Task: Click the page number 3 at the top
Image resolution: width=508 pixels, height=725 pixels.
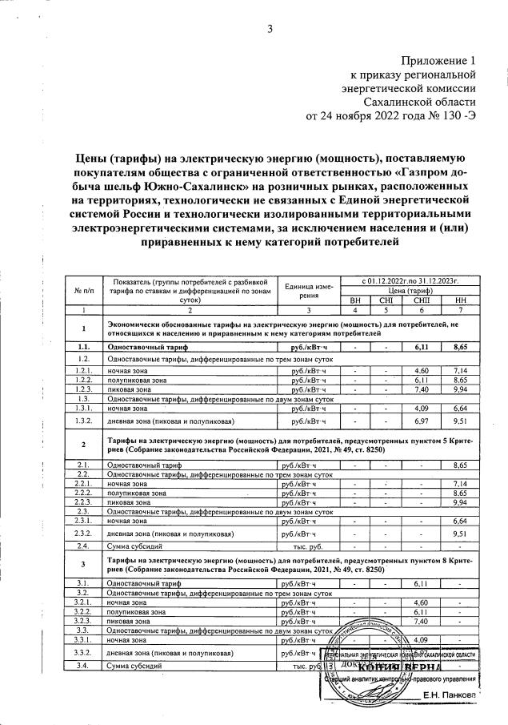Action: point(270,30)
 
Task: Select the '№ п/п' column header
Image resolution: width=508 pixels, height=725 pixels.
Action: point(83,289)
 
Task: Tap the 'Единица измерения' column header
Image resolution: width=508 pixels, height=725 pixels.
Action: point(308,289)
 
